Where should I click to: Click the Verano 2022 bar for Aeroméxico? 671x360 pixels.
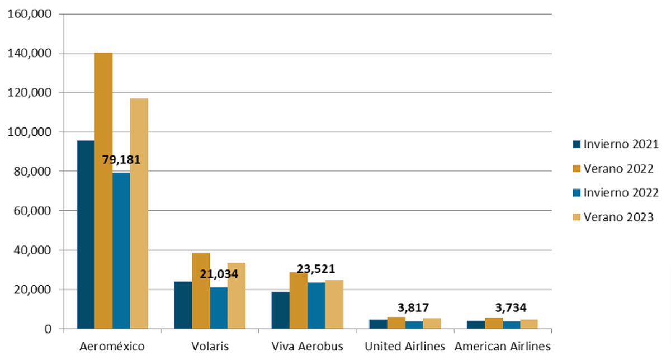pos(103,190)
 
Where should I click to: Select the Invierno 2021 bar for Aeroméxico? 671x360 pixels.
pos(86,235)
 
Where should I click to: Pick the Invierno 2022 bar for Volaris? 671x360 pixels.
pos(219,308)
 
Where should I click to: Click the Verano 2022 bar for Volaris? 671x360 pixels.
pos(201,291)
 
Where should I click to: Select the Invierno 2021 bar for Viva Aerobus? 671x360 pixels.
pos(280,310)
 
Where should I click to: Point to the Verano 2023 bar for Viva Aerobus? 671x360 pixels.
pos(334,304)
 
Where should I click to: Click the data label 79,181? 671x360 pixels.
pos(121,160)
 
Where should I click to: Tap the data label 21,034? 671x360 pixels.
pos(219,274)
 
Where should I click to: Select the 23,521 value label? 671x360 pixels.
pos(316,269)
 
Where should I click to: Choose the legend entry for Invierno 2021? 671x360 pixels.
pos(614,144)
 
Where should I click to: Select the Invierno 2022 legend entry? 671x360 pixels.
pos(614,192)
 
